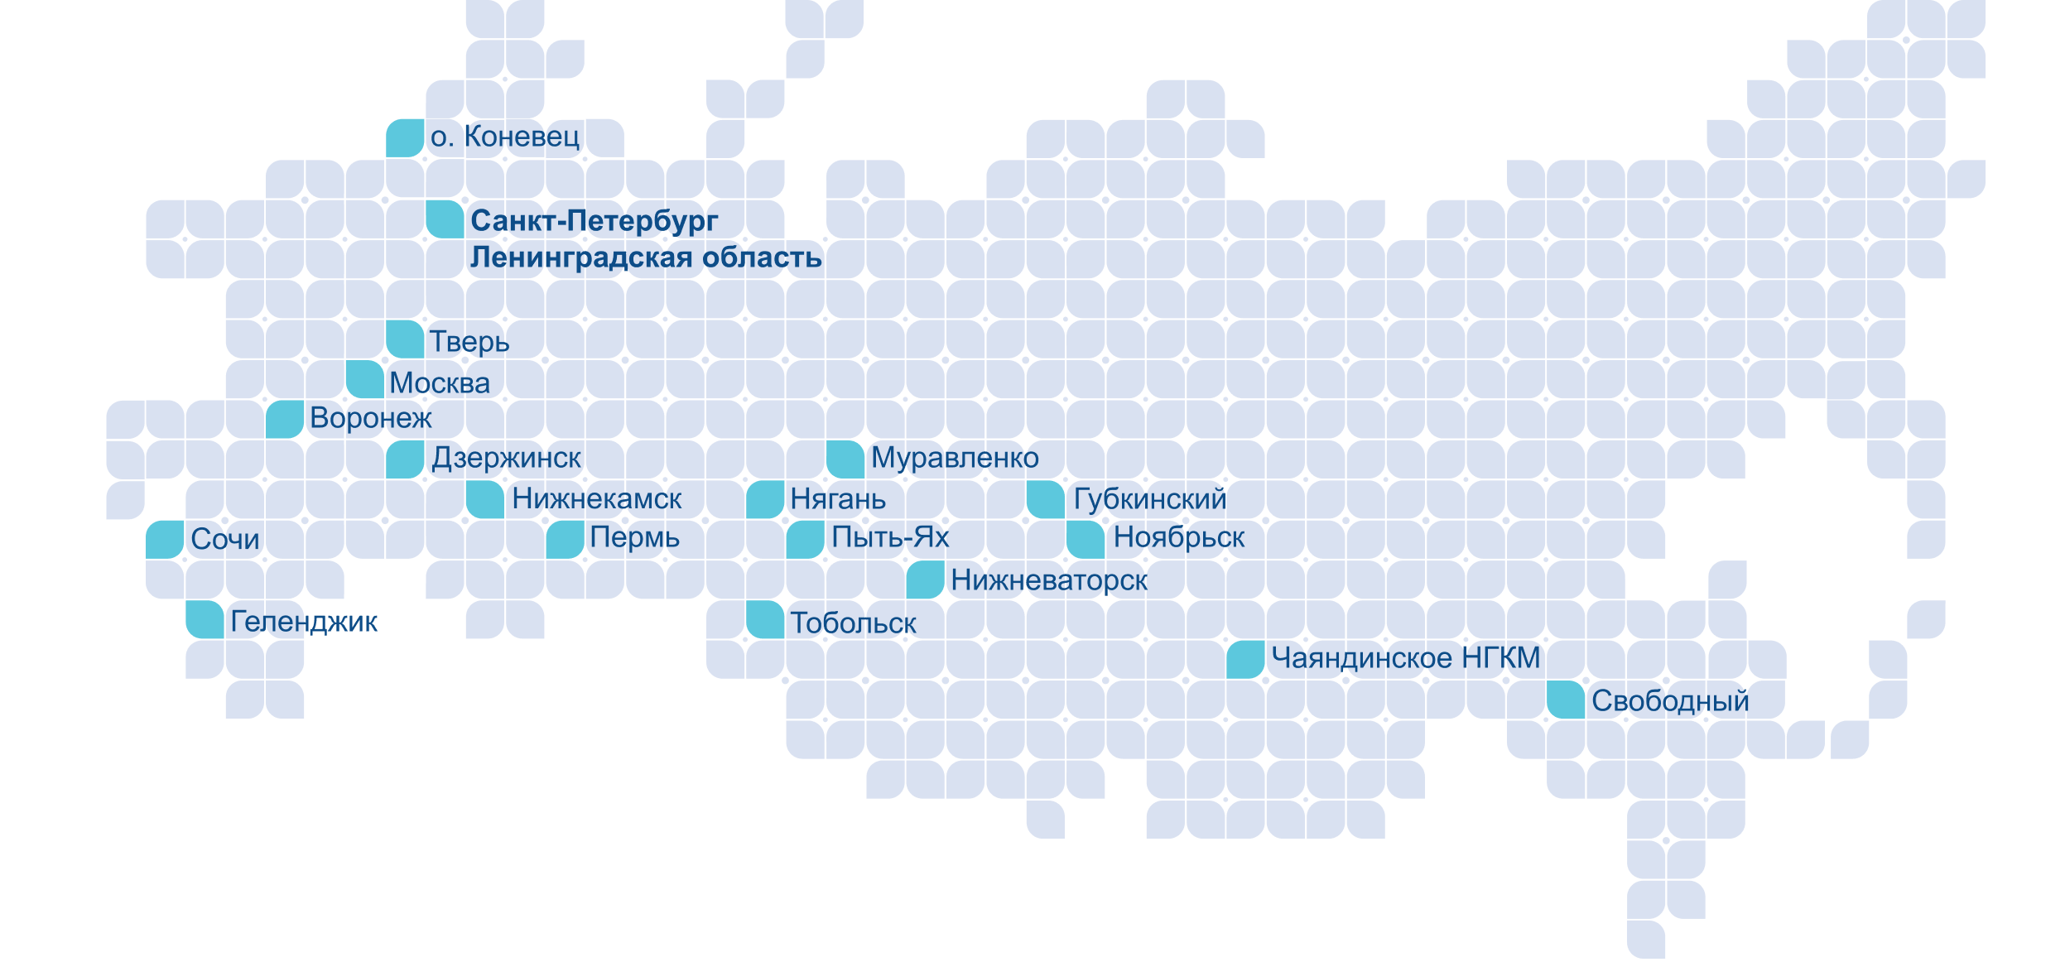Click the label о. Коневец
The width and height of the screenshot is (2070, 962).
click(505, 137)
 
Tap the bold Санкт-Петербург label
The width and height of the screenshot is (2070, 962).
click(594, 221)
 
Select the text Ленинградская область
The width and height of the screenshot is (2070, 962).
click(646, 257)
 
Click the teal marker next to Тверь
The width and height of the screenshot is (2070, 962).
click(406, 339)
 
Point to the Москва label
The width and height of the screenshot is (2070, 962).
click(440, 382)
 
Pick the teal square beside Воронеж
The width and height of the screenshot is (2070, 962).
click(285, 419)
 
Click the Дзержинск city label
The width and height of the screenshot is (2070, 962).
click(507, 458)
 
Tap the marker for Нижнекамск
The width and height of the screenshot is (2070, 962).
click(485, 499)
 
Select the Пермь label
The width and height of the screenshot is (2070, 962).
click(634, 538)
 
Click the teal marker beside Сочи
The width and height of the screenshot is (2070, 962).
click(166, 540)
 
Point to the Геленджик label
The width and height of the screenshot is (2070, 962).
click(304, 622)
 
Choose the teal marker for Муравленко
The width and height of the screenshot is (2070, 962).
click(845, 459)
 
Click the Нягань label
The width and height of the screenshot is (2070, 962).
click(838, 499)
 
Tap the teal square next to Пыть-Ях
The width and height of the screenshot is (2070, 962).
click(805, 540)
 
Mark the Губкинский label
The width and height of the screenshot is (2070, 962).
click(1149, 499)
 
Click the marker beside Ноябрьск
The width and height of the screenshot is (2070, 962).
click(1086, 540)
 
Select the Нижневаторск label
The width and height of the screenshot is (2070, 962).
click(1048, 580)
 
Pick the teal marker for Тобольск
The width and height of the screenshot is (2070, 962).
click(765, 620)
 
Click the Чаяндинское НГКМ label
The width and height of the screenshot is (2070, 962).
click(1406, 658)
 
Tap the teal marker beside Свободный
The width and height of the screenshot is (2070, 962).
click(1566, 700)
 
